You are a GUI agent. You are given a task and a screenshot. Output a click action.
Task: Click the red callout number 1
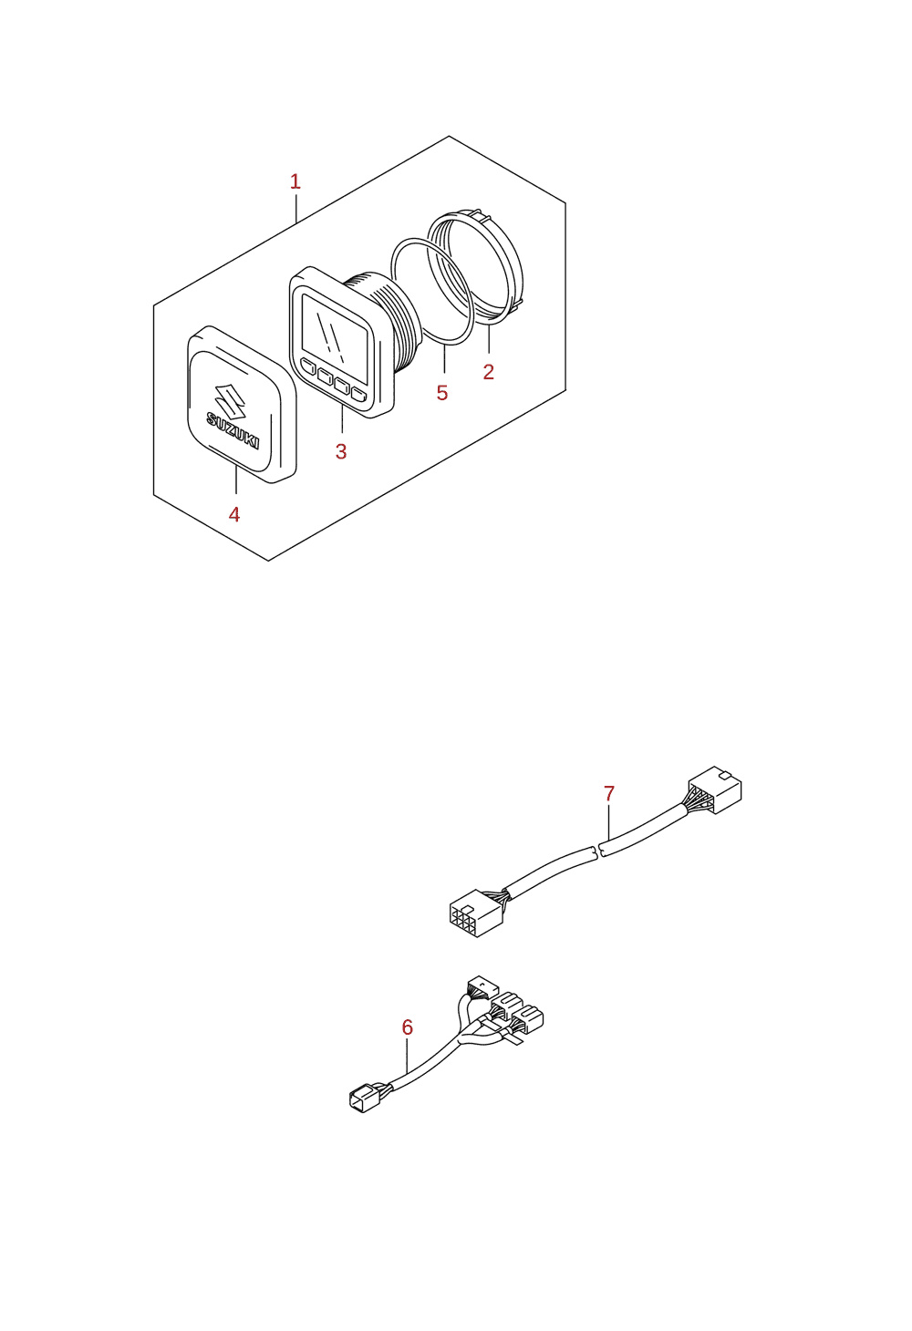click(x=295, y=181)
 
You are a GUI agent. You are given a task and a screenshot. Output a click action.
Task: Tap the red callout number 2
click(x=489, y=372)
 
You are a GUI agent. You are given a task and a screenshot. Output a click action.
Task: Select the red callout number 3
click(x=341, y=451)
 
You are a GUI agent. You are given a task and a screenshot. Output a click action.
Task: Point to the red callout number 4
click(x=234, y=514)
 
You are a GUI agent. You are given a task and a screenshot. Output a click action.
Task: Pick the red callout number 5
click(x=442, y=393)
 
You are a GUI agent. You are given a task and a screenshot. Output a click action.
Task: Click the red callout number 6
click(x=408, y=1027)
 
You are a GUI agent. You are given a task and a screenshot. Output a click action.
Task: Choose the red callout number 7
click(x=609, y=793)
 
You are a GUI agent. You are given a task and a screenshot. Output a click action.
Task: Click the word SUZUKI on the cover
click(x=233, y=429)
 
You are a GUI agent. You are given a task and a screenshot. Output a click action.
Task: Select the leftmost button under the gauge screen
click(x=308, y=366)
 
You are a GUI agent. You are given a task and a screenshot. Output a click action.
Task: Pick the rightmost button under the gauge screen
click(x=359, y=393)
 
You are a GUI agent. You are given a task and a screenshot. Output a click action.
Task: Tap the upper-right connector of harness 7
click(x=715, y=789)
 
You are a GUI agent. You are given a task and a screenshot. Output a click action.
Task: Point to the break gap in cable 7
click(x=599, y=851)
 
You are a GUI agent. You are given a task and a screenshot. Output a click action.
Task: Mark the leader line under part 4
click(x=236, y=479)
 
